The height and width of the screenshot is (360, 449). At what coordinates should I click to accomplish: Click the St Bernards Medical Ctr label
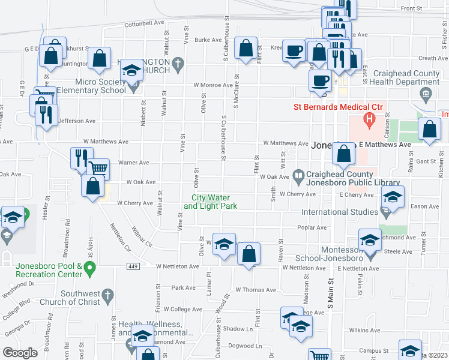[x=338, y=107]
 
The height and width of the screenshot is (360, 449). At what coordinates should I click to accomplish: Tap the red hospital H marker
[x=369, y=118]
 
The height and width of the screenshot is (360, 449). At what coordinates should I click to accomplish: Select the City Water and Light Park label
[x=210, y=202]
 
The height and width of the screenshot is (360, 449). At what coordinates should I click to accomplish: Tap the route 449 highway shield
[x=133, y=266]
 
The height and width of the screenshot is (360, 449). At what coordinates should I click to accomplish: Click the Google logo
[x=20, y=353]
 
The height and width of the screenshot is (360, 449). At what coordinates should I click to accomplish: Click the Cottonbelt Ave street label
[x=144, y=24]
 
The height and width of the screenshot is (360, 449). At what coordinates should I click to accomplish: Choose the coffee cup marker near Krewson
[x=294, y=50]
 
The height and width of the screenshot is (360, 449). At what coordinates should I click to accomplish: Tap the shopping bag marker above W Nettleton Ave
[x=249, y=254]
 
